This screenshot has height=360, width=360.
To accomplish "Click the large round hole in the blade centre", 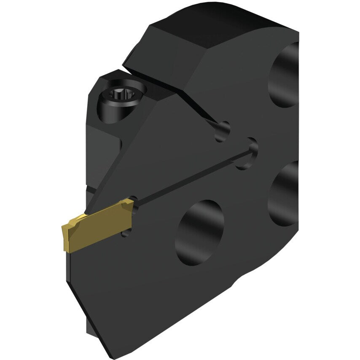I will [199, 232].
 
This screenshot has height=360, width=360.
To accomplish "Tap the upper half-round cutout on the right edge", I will [285, 74].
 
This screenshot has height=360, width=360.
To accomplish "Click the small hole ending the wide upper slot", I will [223, 131].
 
